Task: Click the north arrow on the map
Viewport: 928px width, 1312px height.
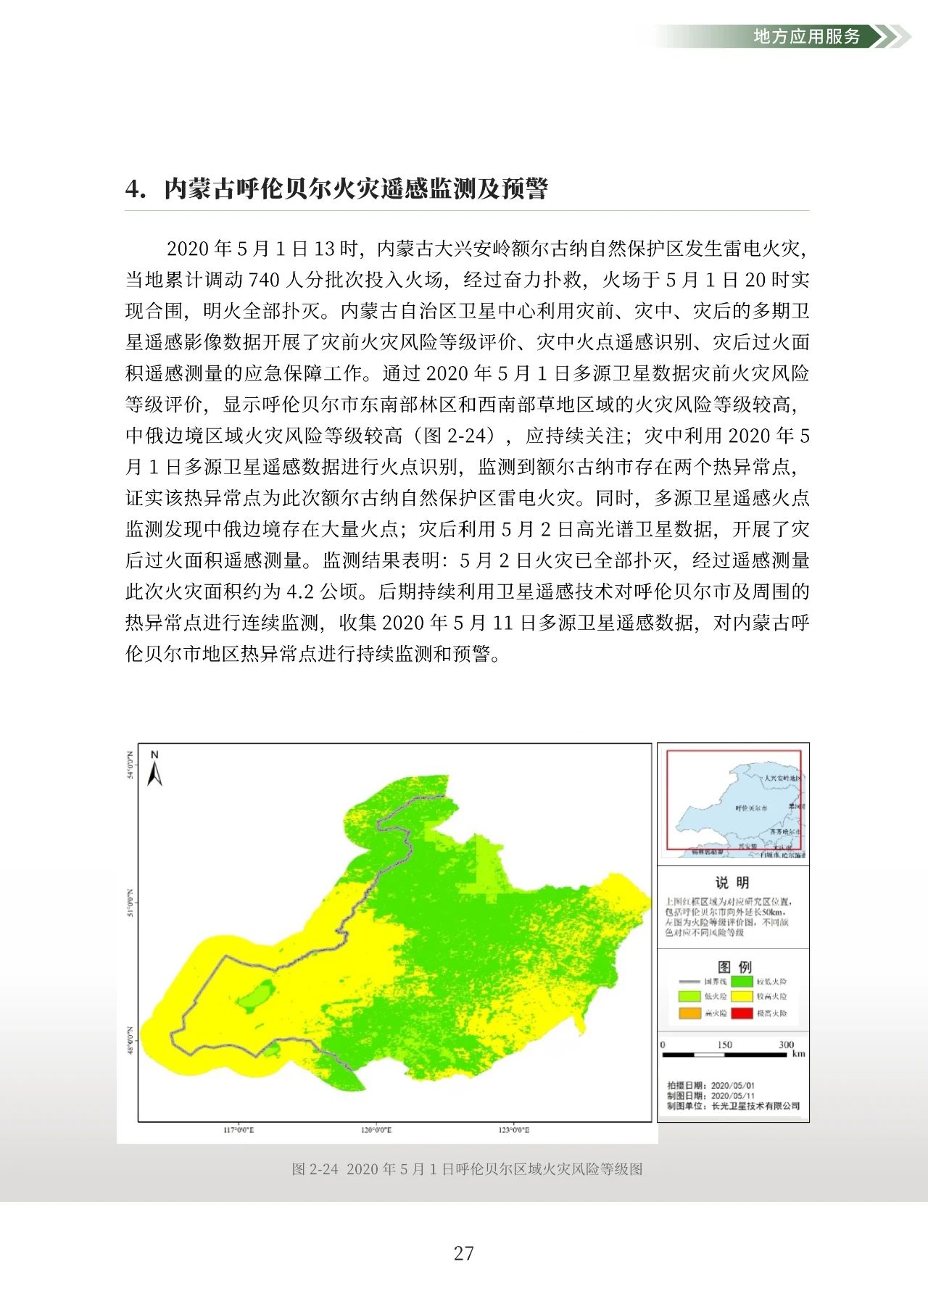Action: (x=154, y=770)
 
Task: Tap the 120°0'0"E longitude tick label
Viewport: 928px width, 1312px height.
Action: (x=376, y=1130)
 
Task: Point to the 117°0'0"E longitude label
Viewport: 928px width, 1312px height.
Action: (x=238, y=1130)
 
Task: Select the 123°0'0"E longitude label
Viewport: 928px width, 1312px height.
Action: (x=513, y=1130)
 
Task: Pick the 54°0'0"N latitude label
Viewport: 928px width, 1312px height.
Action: (x=131, y=765)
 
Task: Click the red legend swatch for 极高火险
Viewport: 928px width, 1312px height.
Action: (x=741, y=1013)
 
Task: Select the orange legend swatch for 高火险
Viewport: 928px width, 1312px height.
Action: (x=689, y=1013)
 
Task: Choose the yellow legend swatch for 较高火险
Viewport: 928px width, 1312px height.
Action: (x=741, y=997)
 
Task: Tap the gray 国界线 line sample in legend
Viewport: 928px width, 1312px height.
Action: (x=689, y=981)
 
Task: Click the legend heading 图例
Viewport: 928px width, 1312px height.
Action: (x=734, y=967)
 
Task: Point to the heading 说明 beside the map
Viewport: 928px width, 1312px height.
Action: (x=732, y=882)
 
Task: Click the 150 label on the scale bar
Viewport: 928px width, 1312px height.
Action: (x=724, y=1045)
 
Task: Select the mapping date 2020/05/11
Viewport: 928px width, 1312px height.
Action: (x=732, y=1096)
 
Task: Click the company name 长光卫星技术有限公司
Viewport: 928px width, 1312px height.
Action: (x=755, y=1106)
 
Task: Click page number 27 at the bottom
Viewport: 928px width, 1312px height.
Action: (x=464, y=1253)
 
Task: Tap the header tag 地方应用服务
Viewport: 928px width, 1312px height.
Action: (x=806, y=36)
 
